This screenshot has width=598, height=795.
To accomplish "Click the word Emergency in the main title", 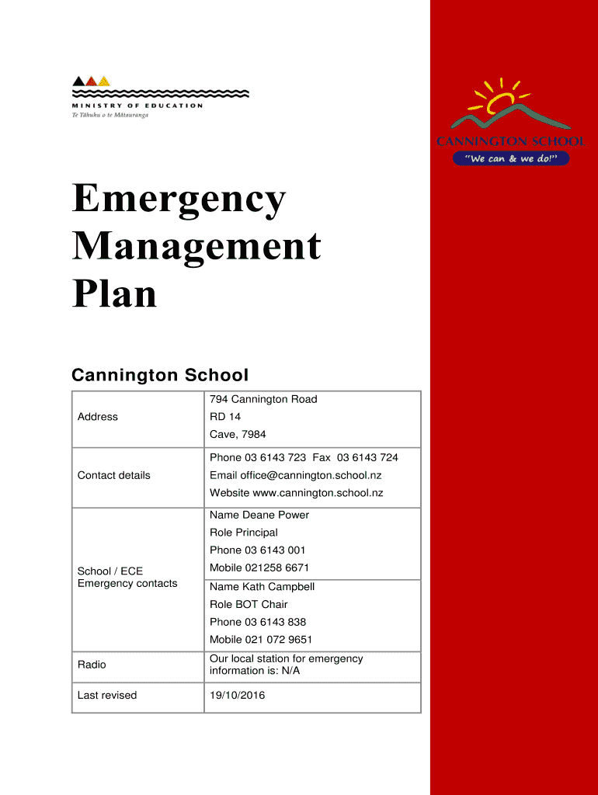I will click(x=179, y=201).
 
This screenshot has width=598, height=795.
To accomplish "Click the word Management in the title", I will click(x=196, y=247).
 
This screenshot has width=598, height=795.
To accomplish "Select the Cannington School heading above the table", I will click(x=160, y=376).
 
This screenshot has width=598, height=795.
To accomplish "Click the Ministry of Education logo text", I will click(x=137, y=106).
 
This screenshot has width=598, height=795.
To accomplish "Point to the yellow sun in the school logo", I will click(x=499, y=100).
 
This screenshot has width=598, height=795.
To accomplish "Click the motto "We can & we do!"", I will click(x=511, y=158).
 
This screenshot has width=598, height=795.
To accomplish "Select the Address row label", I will click(x=98, y=417).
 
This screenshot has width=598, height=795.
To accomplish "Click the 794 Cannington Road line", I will click(x=263, y=399).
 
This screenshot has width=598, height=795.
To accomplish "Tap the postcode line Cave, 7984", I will click(x=238, y=434).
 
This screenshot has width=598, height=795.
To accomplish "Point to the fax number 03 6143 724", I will click(x=367, y=458).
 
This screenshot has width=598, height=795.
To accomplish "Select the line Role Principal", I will click(x=244, y=533).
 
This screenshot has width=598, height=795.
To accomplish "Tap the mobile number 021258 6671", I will click(x=277, y=568).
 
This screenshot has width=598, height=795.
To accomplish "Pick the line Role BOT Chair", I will click(x=249, y=604).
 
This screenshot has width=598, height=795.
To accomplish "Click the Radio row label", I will click(x=92, y=665).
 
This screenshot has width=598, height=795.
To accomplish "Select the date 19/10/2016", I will click(x=237, y=695).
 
